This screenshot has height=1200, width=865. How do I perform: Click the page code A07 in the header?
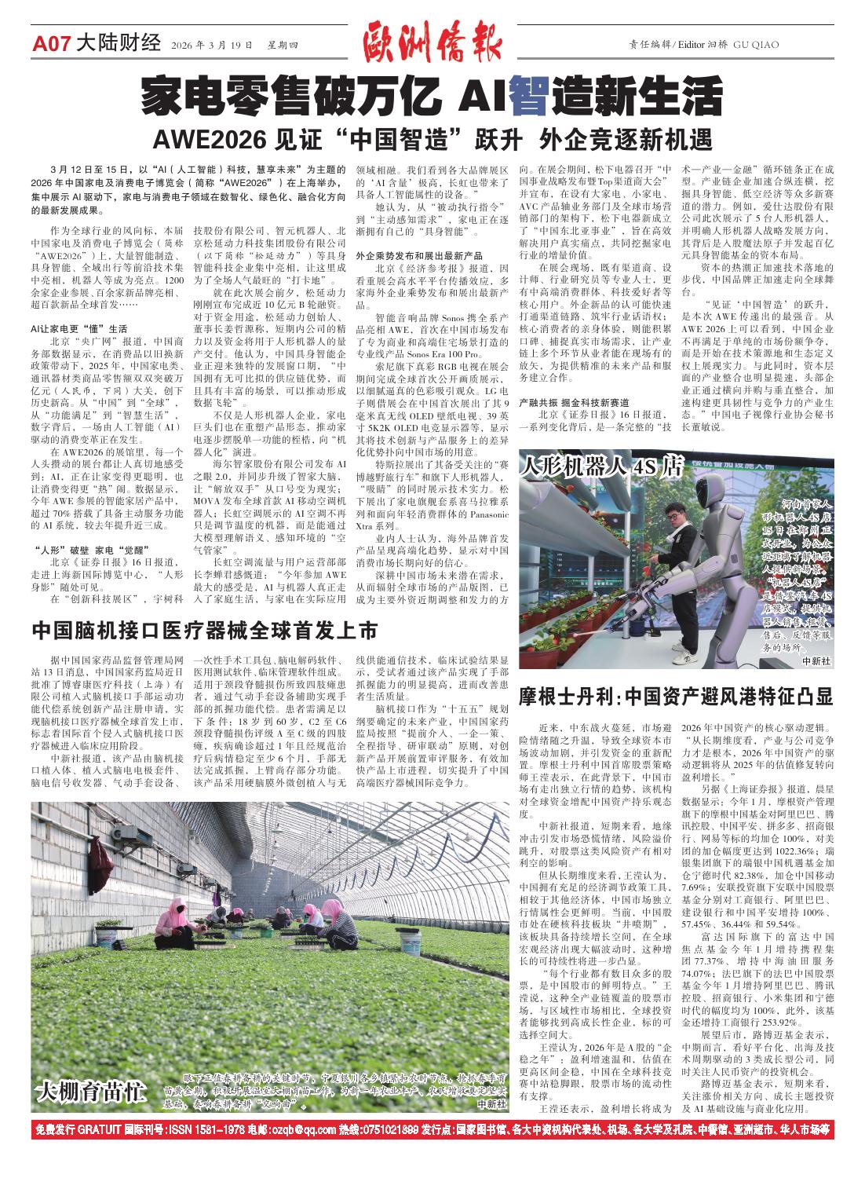tap(52, 44)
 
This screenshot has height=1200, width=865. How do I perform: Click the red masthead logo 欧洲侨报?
tap(432, 43)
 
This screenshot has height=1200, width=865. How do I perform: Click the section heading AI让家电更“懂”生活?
tap(78, 328)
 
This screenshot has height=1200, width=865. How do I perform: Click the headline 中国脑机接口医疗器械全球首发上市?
tap(205, 630)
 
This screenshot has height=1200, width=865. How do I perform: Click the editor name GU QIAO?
tap(756, 45)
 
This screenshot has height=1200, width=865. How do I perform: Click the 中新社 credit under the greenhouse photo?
tap(491, 1103)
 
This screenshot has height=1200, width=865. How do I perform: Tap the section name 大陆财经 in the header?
tap(119, 44)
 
